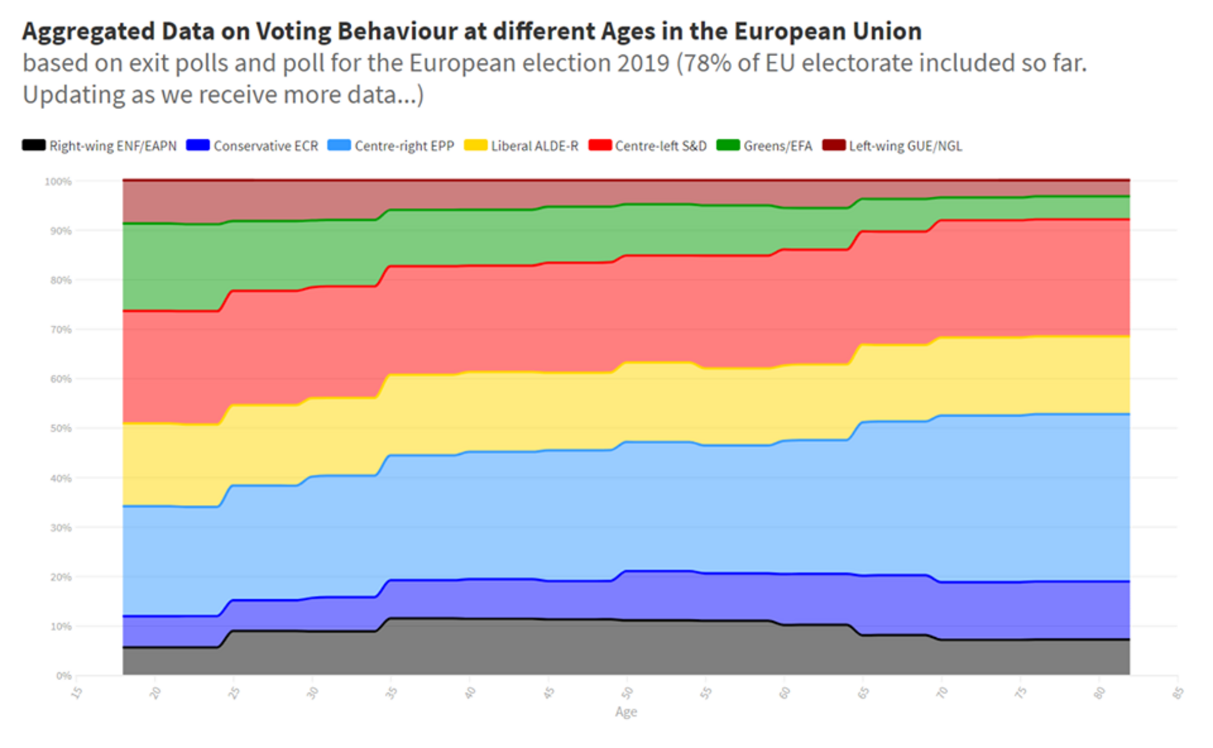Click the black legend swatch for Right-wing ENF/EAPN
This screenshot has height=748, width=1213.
[x=34, y=146]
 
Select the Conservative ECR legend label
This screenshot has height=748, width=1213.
[x=266, y=146]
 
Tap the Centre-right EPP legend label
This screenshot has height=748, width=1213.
[x=404, y=146]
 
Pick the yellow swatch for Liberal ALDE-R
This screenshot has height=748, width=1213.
[x=475, y=146]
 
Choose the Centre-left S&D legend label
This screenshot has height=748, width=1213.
[x=661, y=146]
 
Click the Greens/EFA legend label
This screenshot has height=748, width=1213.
[x=777, y=146]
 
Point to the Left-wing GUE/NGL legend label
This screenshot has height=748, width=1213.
[x=905, y=146]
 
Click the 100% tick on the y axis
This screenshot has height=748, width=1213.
[x=58, y=181]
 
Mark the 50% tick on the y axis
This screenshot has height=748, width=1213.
[x=61, y=428]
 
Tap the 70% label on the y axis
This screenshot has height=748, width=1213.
[x=61, y=330]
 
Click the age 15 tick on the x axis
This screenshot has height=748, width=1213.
[x=77, y=692]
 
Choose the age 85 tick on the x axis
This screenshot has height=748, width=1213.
[x=1178, y=692]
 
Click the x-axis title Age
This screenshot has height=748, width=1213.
[x=626, y=712]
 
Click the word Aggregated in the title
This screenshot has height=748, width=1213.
[x=88, y=31]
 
